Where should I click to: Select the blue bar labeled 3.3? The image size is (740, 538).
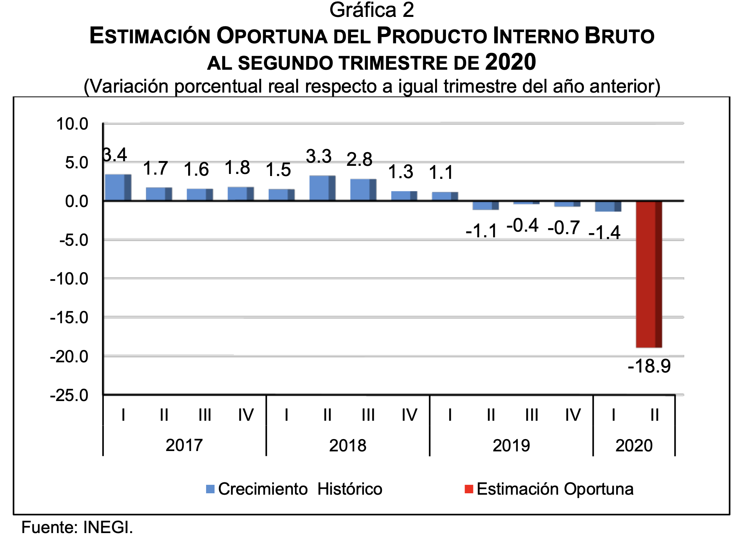[322, 188]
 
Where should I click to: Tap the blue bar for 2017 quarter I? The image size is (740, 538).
[118, 187]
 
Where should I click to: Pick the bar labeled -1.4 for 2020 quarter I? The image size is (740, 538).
[608, 206]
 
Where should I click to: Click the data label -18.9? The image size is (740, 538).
[649, 366]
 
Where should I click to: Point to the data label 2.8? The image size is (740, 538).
[359, 159]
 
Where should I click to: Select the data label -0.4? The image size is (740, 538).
[522, 225]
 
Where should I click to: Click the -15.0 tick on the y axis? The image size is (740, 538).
[69, 318]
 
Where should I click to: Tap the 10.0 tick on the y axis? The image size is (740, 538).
[72, 124]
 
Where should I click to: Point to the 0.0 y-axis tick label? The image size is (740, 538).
[76, 201]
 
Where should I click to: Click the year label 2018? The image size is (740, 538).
[347, 445]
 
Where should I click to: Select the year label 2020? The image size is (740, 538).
[634, 445]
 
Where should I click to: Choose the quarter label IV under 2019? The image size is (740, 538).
[573, 415]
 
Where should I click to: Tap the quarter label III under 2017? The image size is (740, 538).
[205, 415]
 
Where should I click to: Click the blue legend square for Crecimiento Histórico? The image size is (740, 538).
[210, 489]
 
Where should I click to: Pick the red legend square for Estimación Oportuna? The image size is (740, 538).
[469, 489]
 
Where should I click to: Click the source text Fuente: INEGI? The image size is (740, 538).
[77, 527]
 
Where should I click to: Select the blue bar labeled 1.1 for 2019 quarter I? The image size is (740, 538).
[445, 196]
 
